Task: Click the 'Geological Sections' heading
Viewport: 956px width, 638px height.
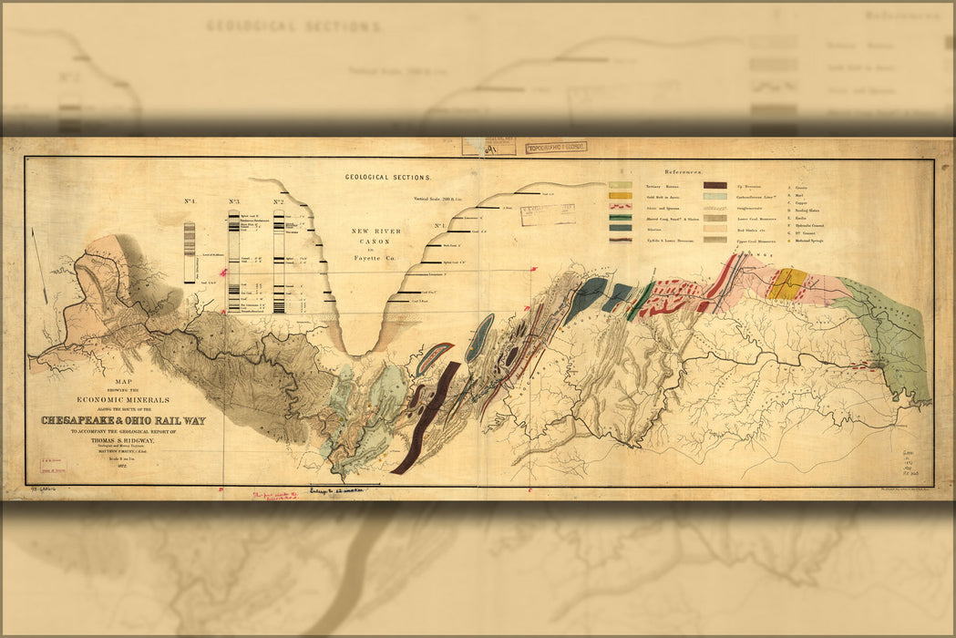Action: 387,178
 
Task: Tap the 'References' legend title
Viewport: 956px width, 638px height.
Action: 683,171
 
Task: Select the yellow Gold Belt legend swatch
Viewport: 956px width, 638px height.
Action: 621,195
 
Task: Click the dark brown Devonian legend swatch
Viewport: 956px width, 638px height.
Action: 715,185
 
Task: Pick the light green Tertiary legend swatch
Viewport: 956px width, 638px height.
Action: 621,185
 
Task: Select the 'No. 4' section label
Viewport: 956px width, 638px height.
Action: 190,201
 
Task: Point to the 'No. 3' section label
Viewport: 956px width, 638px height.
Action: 234,201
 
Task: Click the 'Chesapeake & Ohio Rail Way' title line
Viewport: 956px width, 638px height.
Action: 123,421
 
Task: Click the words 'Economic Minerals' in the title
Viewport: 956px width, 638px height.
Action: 123,400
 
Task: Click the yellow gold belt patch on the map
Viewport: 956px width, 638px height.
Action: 786,283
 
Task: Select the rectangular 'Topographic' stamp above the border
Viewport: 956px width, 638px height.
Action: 556,146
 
